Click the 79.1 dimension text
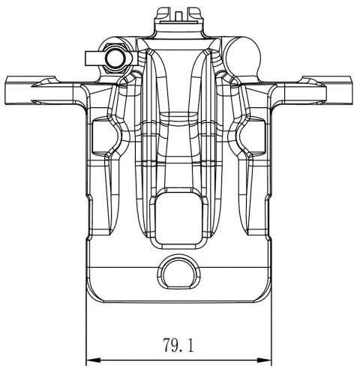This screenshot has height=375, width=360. click(x=178, y=345)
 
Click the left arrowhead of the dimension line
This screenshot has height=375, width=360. click(x=93, y=360)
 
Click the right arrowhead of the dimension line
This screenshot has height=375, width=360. click(x=264, y=360)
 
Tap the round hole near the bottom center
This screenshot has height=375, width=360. click(x=179, y=272)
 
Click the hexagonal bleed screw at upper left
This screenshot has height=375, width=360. click(x=115, y=58)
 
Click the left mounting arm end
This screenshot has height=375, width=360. click(x=17, y=90)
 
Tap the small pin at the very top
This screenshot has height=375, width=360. click(x=178, y=16)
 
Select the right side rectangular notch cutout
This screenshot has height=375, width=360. click(x=253, y=137)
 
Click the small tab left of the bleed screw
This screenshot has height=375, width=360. click(x=94, y=58)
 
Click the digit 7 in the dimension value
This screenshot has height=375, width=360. click(x=167, y=345)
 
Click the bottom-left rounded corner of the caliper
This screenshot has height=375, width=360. click(x=94, y=294)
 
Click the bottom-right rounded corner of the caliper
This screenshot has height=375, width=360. click(x=264, y=294)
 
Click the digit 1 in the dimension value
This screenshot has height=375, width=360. click(x=190, y=345)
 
